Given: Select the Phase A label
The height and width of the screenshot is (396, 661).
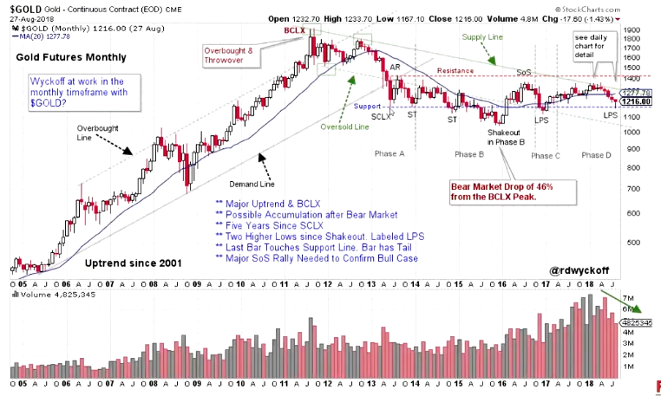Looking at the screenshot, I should tap(389, 153).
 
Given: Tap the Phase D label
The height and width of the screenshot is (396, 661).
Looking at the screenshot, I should tap(596, 154).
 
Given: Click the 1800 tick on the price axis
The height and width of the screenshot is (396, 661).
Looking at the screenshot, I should tap(641, 30).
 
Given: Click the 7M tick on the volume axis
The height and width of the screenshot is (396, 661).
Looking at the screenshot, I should tap(639, 295).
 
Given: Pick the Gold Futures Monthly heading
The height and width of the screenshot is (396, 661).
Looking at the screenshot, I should tap(71, 57).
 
